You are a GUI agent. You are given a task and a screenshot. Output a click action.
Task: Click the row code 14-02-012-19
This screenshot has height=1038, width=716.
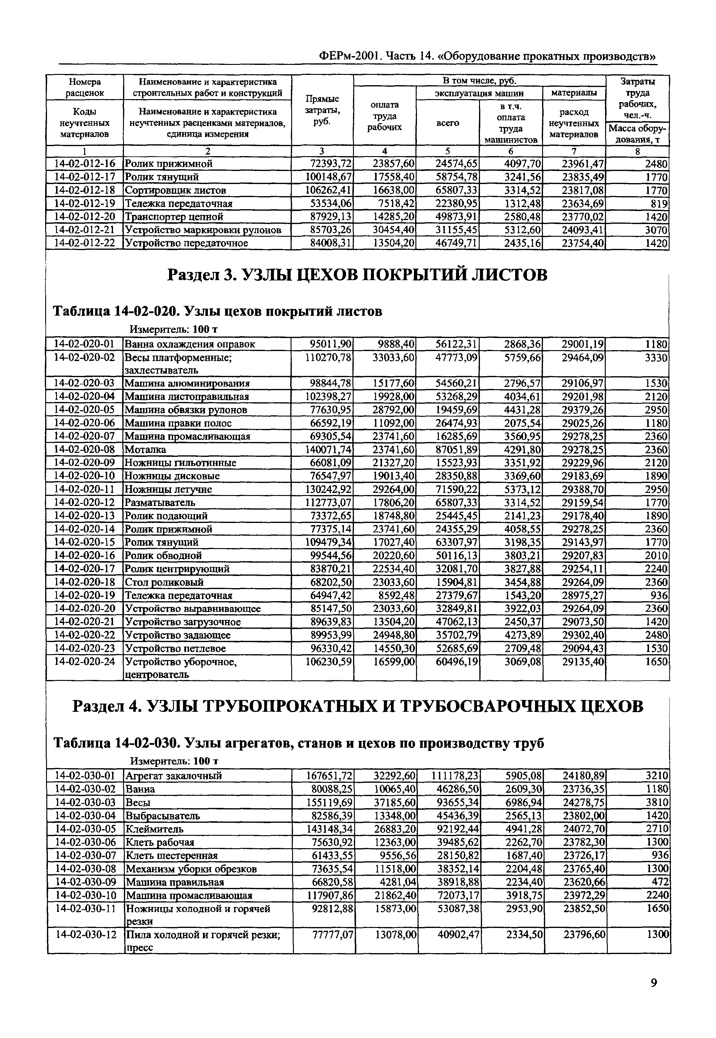84,203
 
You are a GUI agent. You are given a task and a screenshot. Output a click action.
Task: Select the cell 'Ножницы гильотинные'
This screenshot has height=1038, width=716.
180,463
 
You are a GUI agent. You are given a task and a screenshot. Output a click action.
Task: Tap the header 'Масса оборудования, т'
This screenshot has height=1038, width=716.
638,134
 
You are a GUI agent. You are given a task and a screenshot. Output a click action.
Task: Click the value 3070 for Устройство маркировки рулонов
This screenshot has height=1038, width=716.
656,230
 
